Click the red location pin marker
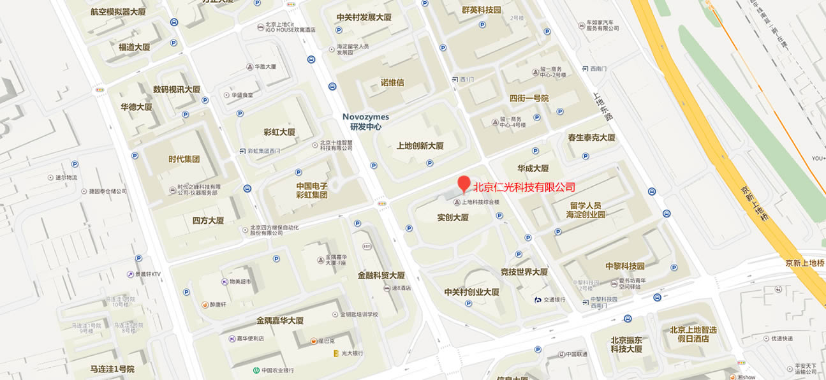(x=464, y=184)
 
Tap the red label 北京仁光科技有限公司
(x=524, y=187)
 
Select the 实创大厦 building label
(x=453, y=217)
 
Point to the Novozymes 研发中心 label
(x=365, y=122)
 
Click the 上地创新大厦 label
(x=420, y=145)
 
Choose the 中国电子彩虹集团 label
(x=311, y=191)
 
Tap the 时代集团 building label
(x=184, y=159)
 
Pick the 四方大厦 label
(x=208, y=221)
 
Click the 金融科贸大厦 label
(x=381, y=275)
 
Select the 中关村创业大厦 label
(x=471, y=292)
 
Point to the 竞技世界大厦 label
(x=524, y=272)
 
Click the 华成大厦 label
(x=533, y=168)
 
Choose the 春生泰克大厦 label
(x=591, y=137)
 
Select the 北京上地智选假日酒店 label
(x=693, y=334)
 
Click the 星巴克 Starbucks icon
(x=314, y=341)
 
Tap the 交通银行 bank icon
(x=539, y=300)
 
